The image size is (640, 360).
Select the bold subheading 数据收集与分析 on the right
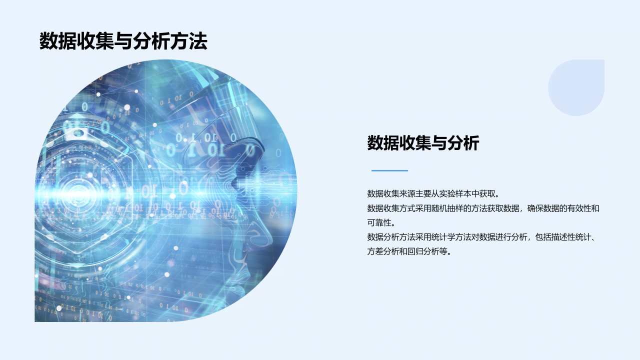point(423,143)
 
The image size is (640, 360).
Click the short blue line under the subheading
point(389,170)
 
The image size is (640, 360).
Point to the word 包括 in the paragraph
point(542,237)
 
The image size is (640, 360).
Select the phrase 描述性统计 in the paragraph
point(571,237)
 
